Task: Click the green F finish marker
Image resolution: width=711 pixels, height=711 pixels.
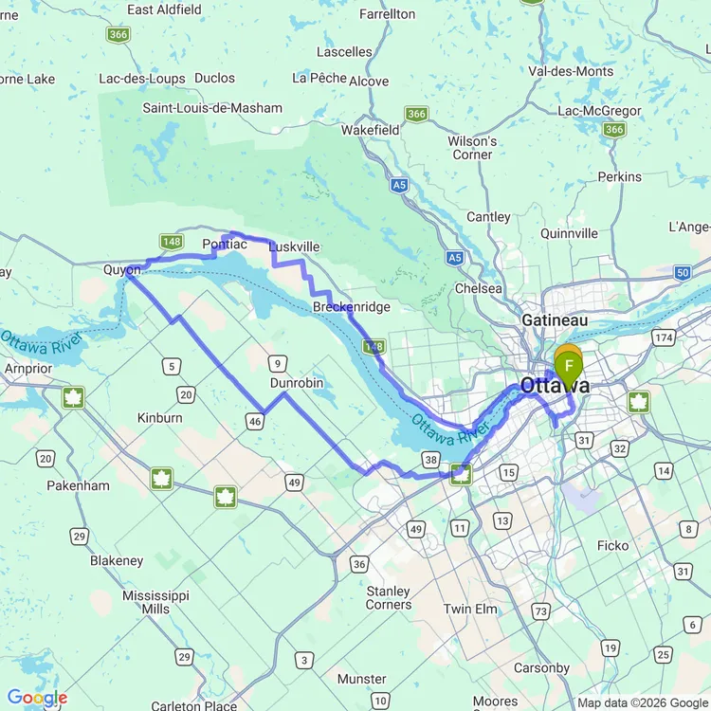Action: tap(569, 366)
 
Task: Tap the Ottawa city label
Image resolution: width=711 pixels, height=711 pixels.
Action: tap(555, 386)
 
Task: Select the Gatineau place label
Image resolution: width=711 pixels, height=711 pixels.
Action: tap(555, 320)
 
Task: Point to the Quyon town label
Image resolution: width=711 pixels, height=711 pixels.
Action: tap(121, 269)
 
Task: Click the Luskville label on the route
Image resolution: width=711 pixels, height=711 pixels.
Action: tap(294, 246)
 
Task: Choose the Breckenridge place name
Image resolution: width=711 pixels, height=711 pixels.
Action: tap(352, 307)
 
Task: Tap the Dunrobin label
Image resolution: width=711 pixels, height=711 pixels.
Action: tap(297, 383)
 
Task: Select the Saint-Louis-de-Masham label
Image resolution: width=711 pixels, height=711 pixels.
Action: tap(212, 107)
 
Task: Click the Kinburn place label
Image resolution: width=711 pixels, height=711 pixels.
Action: tap(160, 417)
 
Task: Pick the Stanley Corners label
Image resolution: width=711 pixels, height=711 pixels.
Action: tap(389, 597)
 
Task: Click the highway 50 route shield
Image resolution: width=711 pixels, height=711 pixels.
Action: tap(683, 272)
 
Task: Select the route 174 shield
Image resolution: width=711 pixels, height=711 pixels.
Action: tap(662, 337)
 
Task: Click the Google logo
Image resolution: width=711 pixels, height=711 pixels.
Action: tap(36, 699)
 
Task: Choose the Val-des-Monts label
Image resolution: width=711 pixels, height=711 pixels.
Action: tap(571, 70)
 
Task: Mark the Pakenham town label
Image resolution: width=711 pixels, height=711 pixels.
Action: tap(80, 485)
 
